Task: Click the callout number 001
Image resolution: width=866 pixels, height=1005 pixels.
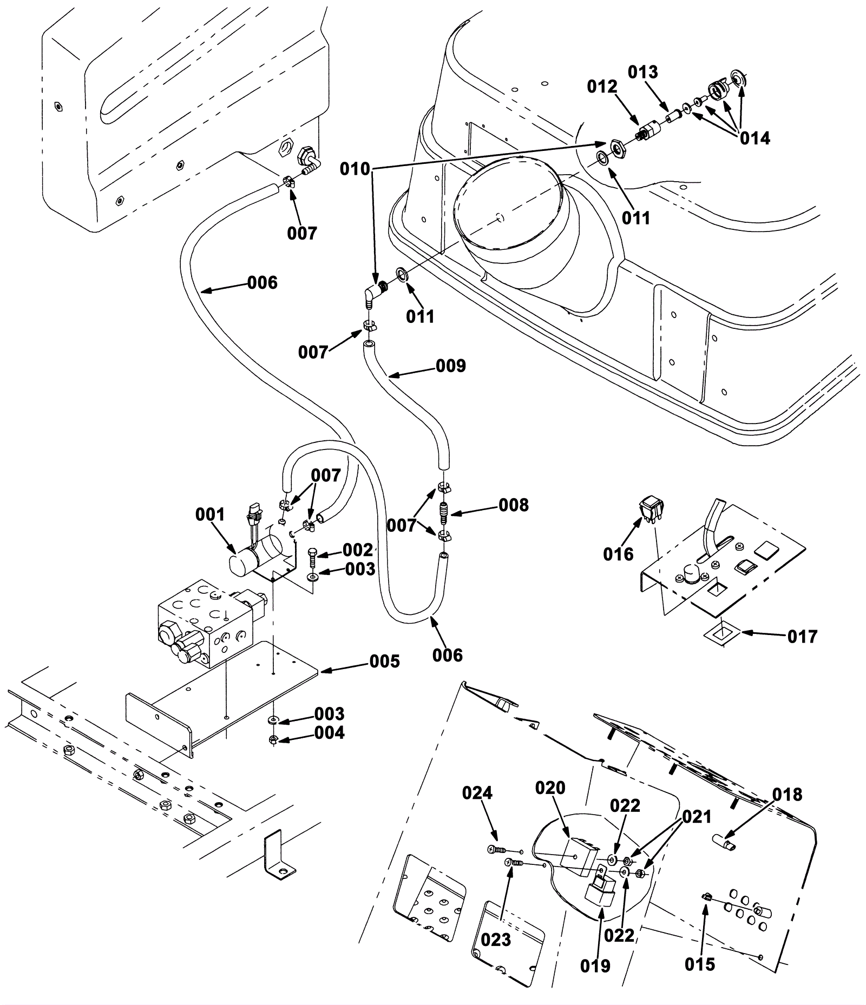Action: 209,514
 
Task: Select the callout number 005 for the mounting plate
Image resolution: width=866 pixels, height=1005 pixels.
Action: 384,661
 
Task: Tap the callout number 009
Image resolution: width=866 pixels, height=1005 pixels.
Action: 451,366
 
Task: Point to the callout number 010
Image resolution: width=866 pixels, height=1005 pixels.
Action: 355,169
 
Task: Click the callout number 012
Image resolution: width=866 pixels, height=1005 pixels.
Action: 602,87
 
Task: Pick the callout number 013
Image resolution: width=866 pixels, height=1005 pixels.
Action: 643,72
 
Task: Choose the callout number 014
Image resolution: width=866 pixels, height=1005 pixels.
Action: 755,138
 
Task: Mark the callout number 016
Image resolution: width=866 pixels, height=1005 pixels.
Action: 618,554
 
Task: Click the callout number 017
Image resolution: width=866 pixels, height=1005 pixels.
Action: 802,637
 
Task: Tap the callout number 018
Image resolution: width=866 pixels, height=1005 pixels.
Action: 787,795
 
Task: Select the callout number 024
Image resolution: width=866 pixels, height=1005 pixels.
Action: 477,793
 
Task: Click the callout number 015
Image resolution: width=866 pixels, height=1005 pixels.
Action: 699,964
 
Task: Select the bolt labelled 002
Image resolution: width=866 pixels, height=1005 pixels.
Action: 312,555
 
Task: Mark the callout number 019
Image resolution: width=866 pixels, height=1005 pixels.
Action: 595,966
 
